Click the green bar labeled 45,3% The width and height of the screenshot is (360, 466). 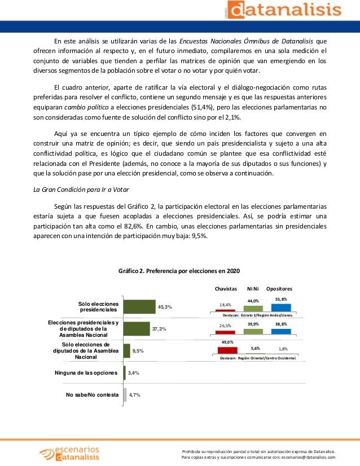(139, 306)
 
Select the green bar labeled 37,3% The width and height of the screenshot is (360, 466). (136, 328)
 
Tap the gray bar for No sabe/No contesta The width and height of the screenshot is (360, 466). (124, 394)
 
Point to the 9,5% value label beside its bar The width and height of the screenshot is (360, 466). (137, 351)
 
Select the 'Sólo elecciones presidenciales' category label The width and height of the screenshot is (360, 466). (98, 307)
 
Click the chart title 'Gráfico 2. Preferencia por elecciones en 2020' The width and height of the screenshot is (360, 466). (175, 271)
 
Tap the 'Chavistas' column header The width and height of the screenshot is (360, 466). (226, 288)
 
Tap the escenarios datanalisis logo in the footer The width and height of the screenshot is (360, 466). (68, 452)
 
